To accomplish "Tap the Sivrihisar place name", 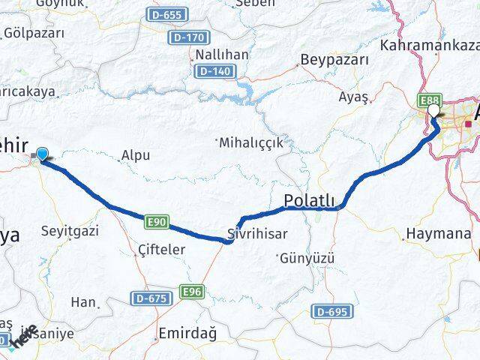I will pyautogui.click(x=257, y=233).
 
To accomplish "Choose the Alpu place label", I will pyautogui.click(x=136, y=156).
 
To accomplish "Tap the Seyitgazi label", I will pyautogui.click(x=70, y=231).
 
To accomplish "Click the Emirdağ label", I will pyautogui.click(x=184, y=332).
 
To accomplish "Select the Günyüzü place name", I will pyautogui.click(x=307, y=259).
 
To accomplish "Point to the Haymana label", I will pyautogui.click(x=438, y=234).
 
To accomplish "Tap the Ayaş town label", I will pyautogui.click(x=354, y=97).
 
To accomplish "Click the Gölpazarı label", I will pyautogui.click(x=34, y=33).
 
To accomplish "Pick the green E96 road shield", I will pyautogui.click(x=192, y=291).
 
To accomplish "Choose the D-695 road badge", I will pyautogui.click(x=331, y=311).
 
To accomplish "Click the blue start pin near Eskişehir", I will pyautogui.click(x=43, y=154).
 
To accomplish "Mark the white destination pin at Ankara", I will pyautogui.click(x=435, y=112).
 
